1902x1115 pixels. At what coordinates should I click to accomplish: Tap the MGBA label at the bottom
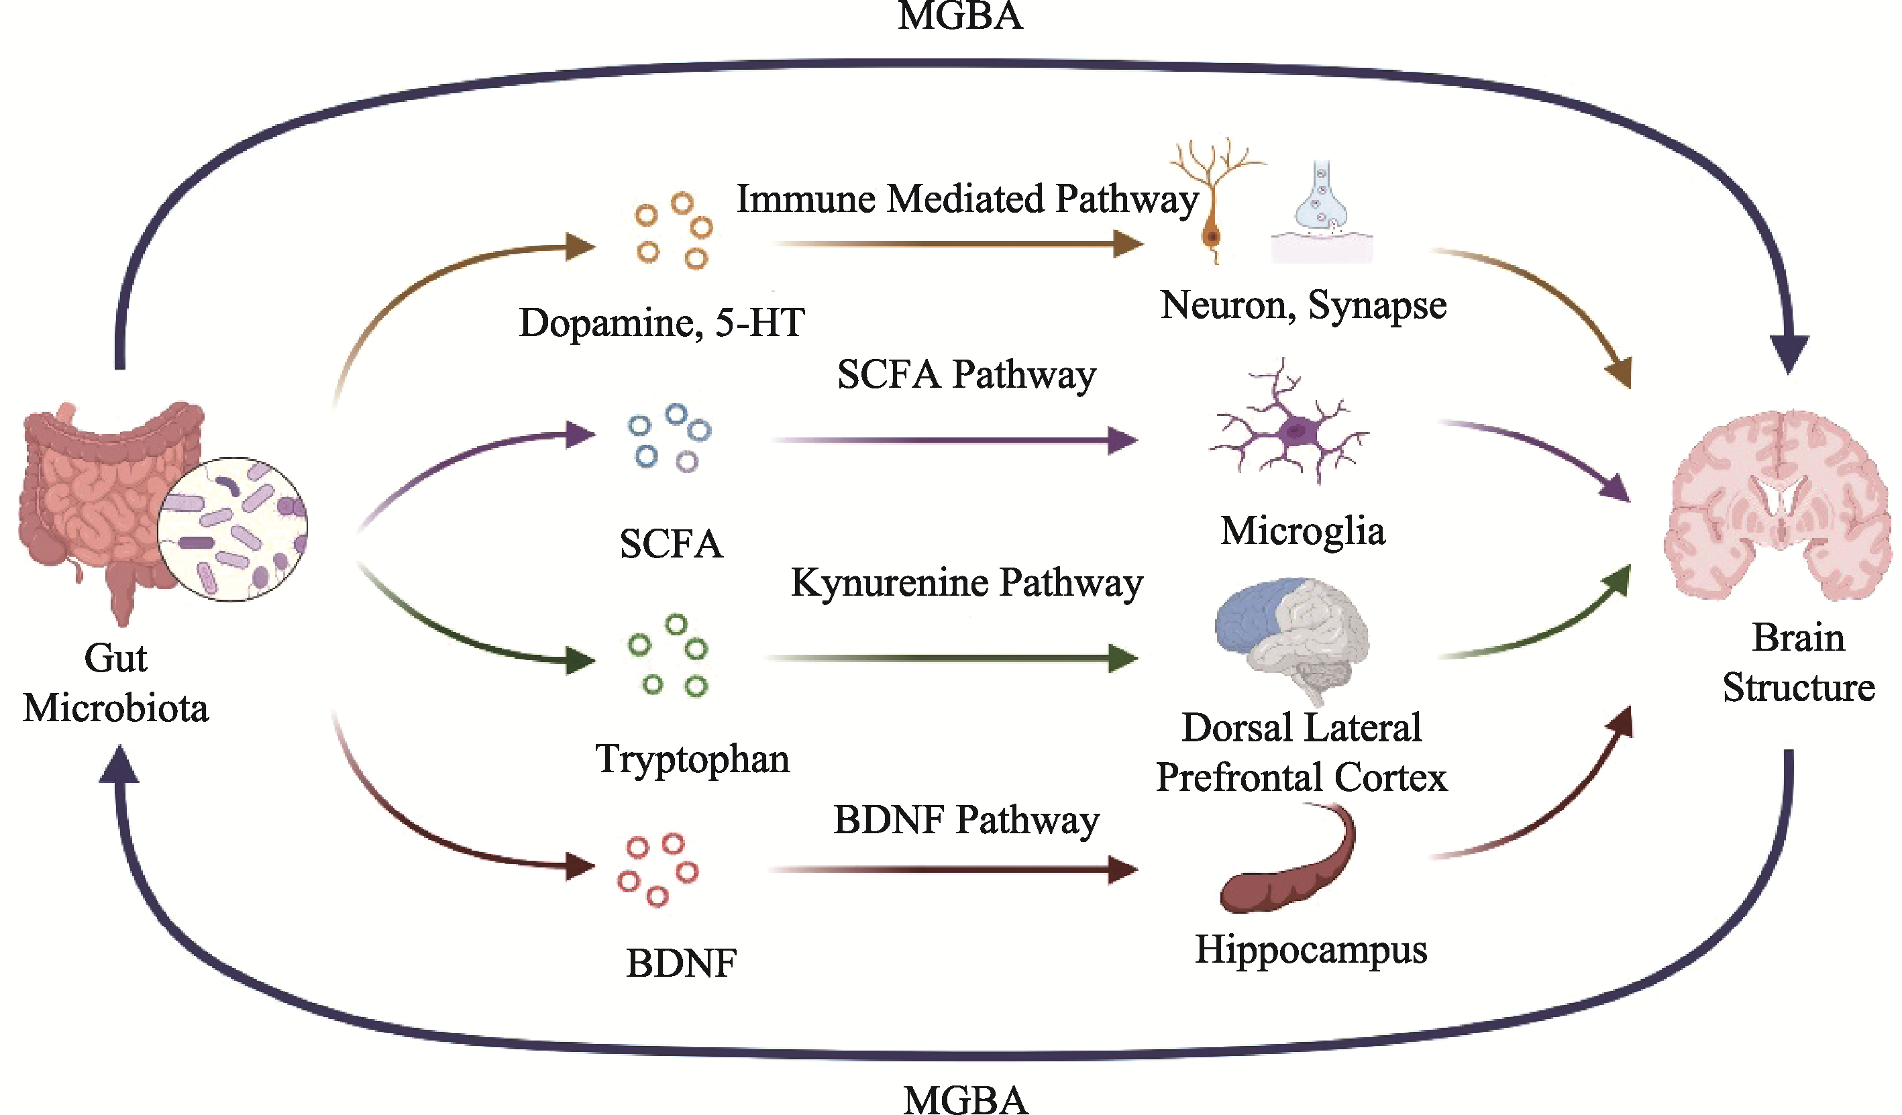pos(965,1099)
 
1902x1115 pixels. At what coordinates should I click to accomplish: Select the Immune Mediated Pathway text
pos(967,199)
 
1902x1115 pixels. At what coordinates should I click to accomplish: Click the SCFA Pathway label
pos(966,374)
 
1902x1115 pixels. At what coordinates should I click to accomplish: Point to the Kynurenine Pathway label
pos(966,583)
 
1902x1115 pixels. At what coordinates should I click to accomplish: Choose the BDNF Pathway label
pos(966,820)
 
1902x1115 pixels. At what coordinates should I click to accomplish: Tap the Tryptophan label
pos(692,759)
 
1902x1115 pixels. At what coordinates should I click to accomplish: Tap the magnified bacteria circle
pos(232,529)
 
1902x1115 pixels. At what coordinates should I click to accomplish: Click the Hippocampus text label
pos(1311,950)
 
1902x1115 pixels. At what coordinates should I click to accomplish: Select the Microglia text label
pos(1303,531)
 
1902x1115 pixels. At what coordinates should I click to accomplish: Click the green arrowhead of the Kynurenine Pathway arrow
pos(1123,658)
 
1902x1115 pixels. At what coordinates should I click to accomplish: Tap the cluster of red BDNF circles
pos(657,868)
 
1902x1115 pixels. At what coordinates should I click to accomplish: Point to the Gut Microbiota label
pos(115,683)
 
